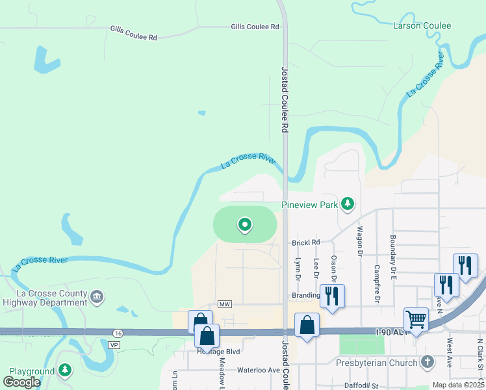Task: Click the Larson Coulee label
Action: [422, 26]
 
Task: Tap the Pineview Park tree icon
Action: [348, 205]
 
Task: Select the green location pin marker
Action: [245, 225]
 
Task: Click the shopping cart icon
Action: [416, 320]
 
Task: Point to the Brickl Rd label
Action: [306, 242]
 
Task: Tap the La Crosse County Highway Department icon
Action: [97, 298]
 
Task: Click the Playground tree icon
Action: [64, 371]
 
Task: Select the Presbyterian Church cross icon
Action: [427, 361]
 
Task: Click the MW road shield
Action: [225, 304]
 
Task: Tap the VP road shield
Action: [114, 344]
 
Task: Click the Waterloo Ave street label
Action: [258, 370]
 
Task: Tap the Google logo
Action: [22, 382]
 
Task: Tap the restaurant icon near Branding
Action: [332, 296]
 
